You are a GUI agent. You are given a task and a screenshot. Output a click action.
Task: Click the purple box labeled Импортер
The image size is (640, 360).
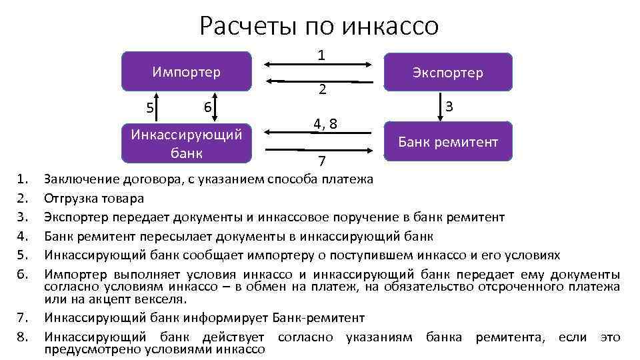pos(186,71)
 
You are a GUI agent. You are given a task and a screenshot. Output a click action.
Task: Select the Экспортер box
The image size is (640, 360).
pos(448,72)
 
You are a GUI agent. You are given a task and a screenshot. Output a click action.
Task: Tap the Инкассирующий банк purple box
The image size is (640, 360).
pos(186,143)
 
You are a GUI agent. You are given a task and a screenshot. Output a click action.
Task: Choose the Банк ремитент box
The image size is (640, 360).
pos(448,141)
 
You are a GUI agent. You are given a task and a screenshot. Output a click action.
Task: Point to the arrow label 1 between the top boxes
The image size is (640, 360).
pos(321,56)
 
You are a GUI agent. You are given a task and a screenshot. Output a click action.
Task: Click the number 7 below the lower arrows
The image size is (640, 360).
pos(322,162)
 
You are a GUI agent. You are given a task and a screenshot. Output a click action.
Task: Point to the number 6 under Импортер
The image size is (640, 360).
pos(208,107)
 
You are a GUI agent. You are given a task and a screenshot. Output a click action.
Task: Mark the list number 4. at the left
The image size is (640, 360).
pos(25,236)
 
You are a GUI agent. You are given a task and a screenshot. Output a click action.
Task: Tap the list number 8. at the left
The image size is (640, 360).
pos(25,337)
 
